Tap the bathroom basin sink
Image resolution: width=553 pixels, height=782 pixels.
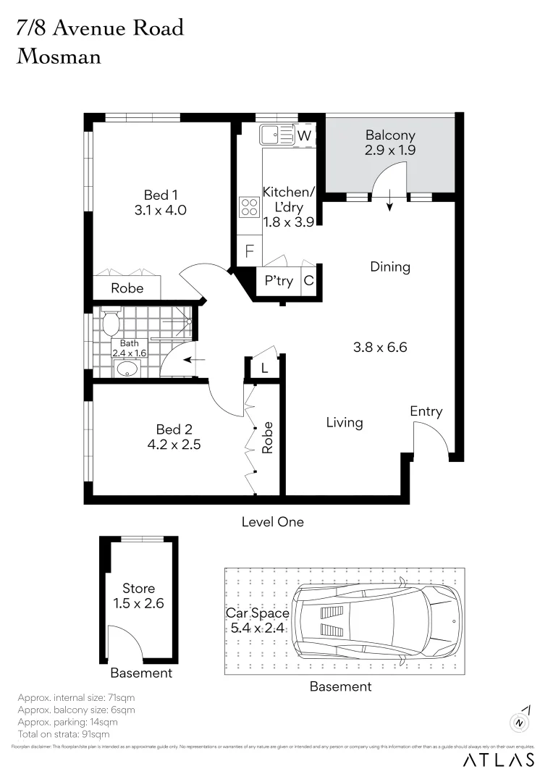point(127,369)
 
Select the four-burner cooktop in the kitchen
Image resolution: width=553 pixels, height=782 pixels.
point(249,207)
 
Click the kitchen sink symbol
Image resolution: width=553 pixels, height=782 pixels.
point(276,135)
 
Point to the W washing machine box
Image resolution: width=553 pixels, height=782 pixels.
point(305,135)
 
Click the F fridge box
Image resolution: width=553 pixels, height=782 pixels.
point(250,252)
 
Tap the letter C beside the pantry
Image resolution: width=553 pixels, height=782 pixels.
point(309,280)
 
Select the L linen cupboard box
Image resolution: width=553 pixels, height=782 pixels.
point(264,368)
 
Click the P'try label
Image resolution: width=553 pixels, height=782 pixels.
point(279,280)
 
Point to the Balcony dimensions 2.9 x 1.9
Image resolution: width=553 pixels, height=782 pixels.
point(390,151)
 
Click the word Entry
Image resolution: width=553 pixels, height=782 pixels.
point(426,411)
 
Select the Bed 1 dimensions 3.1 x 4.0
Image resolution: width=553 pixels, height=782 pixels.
point(161,211)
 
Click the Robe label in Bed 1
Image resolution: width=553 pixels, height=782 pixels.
point(127,288)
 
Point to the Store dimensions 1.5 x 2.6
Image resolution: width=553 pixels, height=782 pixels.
point(138,603)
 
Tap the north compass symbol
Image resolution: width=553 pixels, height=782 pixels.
point(520,722)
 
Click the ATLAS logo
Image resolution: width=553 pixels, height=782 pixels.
point(499,760)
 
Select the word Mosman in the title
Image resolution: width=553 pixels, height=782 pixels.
point(59,56)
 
